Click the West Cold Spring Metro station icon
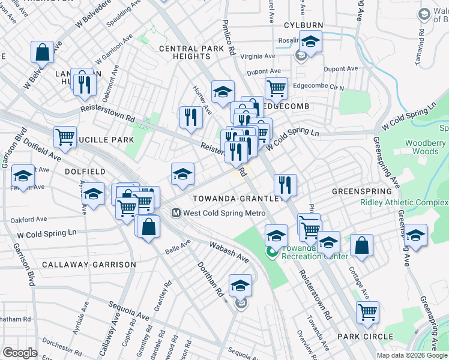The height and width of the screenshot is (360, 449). (x=176, y=212)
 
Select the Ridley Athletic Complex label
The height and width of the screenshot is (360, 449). (x=404, y=202)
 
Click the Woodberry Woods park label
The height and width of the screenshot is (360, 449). (x=425, y=148)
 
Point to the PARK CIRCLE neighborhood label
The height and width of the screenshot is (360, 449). (x=364, y=337)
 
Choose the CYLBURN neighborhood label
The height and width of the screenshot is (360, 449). (x=303, y=25)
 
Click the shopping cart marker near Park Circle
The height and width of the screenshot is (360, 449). (x=367, y=311)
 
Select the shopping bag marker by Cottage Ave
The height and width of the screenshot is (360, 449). (x=361, y=244)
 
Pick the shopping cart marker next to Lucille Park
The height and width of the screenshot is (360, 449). (x=65, y=136)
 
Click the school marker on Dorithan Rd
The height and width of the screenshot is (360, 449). (x=240, y=285)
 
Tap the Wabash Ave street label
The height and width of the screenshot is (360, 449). (x=229, y=252)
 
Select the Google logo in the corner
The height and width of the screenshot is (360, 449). (x=20, y=353)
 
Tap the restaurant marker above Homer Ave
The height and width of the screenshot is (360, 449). (x=191, y=116)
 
